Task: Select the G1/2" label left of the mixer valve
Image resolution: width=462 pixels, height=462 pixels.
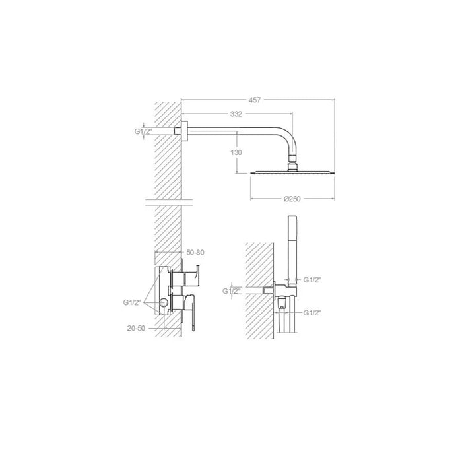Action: [133, 302]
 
